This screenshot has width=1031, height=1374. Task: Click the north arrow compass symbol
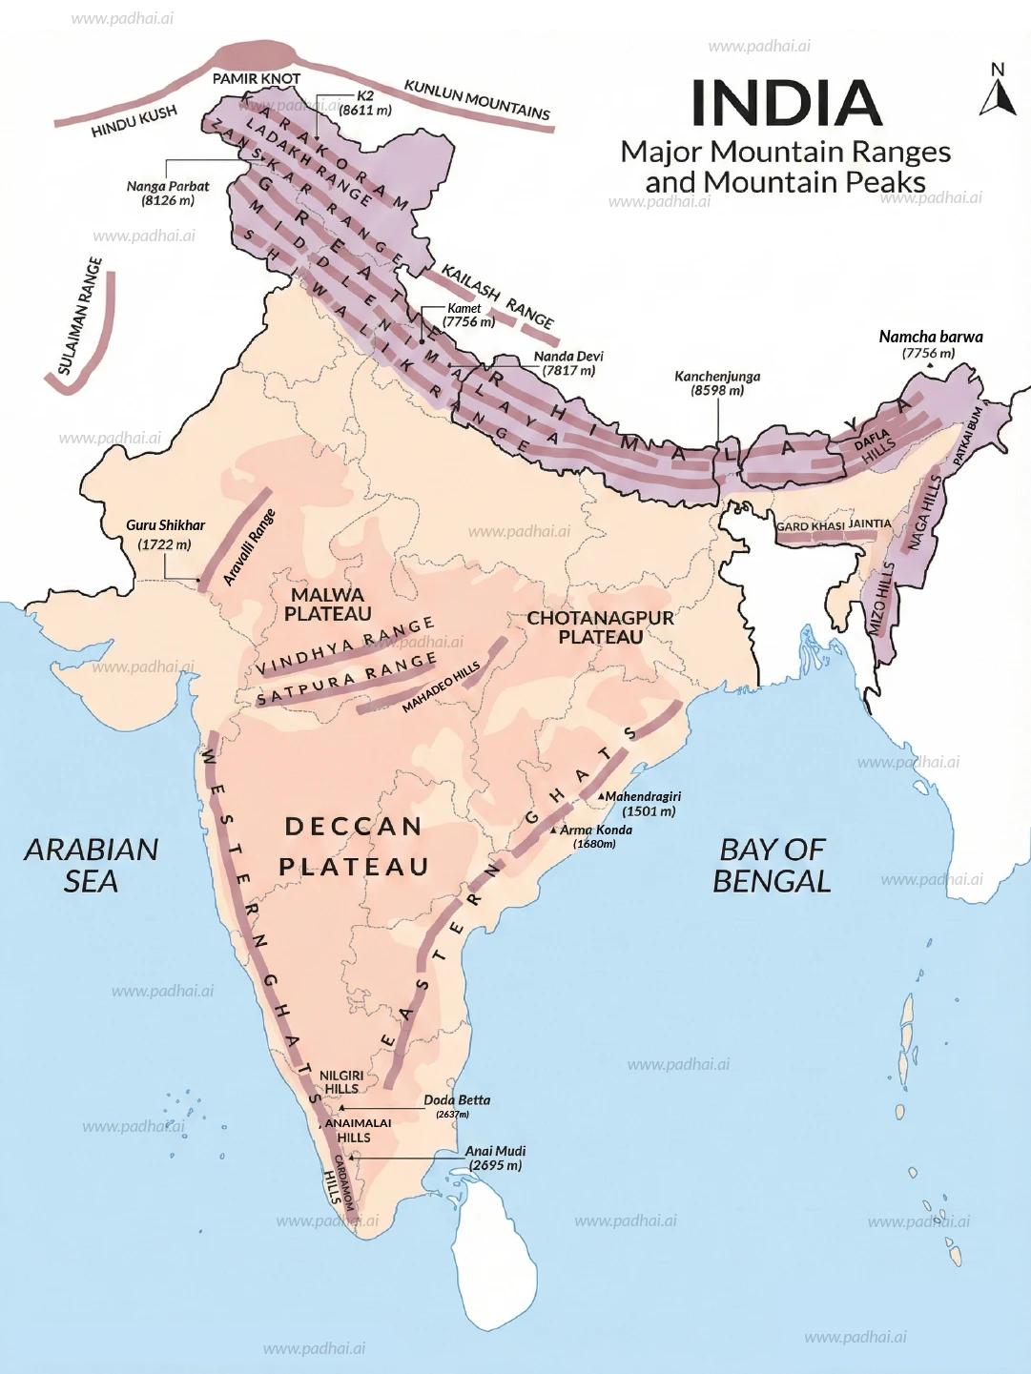click(998, 92)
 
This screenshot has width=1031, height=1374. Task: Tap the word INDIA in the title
click(786, 103)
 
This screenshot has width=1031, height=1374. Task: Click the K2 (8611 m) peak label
click(365, 103)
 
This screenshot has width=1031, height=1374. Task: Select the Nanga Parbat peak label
click(168, 194)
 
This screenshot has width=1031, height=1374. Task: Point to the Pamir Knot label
click(256, 78)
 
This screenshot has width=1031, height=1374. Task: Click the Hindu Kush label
click(134, 122)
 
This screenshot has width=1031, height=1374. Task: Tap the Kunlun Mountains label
click(477, 99)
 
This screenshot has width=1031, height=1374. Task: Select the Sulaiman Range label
click(79, 316)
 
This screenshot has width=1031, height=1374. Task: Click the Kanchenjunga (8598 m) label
click(717, 383)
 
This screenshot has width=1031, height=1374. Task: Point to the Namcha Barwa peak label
click(930, 344)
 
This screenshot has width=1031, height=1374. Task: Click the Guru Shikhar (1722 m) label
click(165, 535)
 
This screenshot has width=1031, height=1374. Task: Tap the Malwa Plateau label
click(327, 605)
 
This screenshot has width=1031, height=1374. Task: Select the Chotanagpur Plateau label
click(601, 627)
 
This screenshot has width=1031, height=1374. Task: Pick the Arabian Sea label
click(92, 865)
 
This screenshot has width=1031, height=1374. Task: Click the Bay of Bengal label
click(772, 865)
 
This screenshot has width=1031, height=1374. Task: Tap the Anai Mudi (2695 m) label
click(495, 1158)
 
